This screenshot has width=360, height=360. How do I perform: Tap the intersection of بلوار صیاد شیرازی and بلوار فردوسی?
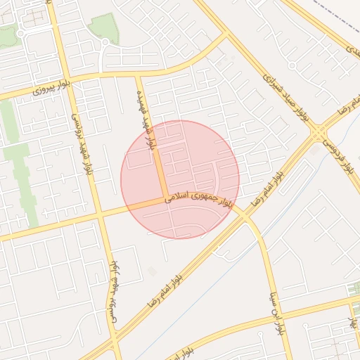point(321,131)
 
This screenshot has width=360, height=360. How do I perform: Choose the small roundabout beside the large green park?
point(105,42)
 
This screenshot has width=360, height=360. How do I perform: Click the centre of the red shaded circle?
point(180,179)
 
